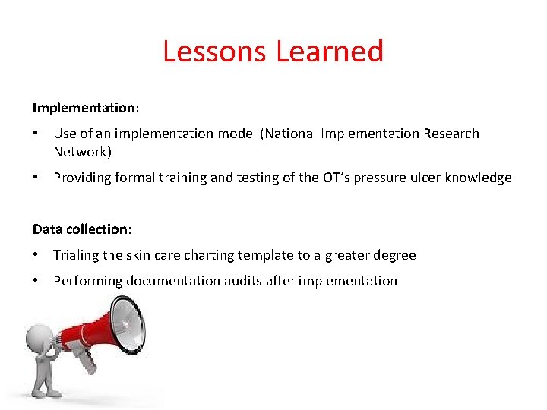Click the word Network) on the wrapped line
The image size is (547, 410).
pos(82,152)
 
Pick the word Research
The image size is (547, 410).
pos(451,134)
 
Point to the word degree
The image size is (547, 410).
pos(394,256)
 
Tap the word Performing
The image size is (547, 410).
pos(87,281)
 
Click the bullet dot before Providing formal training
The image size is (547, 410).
pos(36,178)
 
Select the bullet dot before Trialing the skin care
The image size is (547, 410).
pos(36,255)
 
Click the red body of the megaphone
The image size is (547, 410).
pos(87,339)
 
